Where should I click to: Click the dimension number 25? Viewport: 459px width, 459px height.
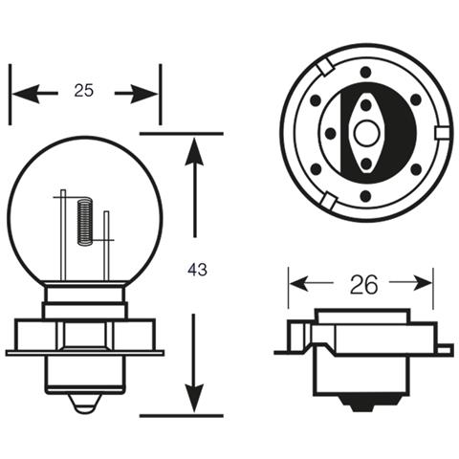pos(83,92)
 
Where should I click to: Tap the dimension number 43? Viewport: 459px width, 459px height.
pos(197,271)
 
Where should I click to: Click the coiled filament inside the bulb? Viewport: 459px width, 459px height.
pos(84,222)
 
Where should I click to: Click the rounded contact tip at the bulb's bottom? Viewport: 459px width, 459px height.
pos(84,406)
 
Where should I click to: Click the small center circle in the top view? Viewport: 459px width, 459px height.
pos(365,133)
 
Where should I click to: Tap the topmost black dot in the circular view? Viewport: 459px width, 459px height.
pos(365,72)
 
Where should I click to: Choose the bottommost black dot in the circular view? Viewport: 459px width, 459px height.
pos(365,195)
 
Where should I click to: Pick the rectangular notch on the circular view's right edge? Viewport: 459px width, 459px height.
pos(441,133)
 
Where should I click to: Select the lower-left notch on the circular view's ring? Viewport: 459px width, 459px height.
pos(325,200)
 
